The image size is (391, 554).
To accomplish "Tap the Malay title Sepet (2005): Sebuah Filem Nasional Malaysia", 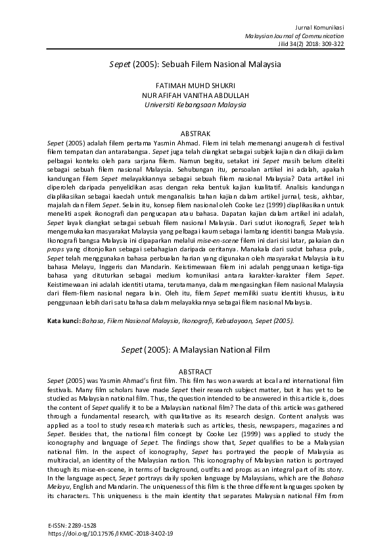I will pyautogui.click(x=195, y=65).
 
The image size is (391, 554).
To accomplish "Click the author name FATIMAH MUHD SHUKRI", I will pyautogui.click(x=195, y=86).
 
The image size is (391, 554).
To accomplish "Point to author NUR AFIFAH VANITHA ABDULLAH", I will pyautogui.click(x=195, y=95).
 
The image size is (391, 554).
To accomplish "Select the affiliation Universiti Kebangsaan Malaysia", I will pyautogui.click(x=195, y=104).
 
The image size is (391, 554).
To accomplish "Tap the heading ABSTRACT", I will pyautogui.click(x=195, y=371).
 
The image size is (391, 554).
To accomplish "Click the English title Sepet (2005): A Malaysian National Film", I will pyautogui.click(x=195, y=350).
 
